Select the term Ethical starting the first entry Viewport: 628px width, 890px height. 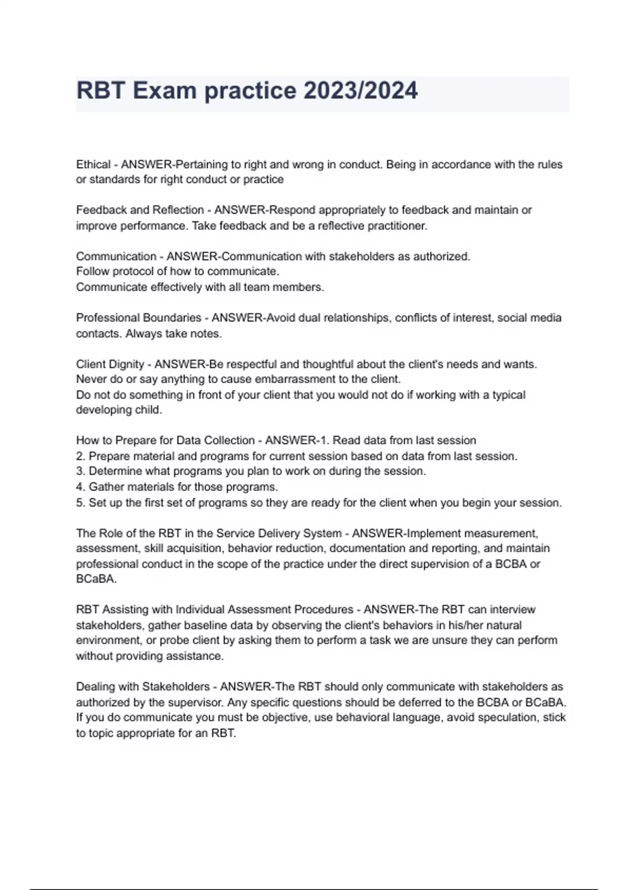pos(93,164)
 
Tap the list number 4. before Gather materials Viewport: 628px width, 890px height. pos(81,487)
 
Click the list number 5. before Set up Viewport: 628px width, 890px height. pos(81,503)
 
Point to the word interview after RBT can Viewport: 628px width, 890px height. pos(512,609)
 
